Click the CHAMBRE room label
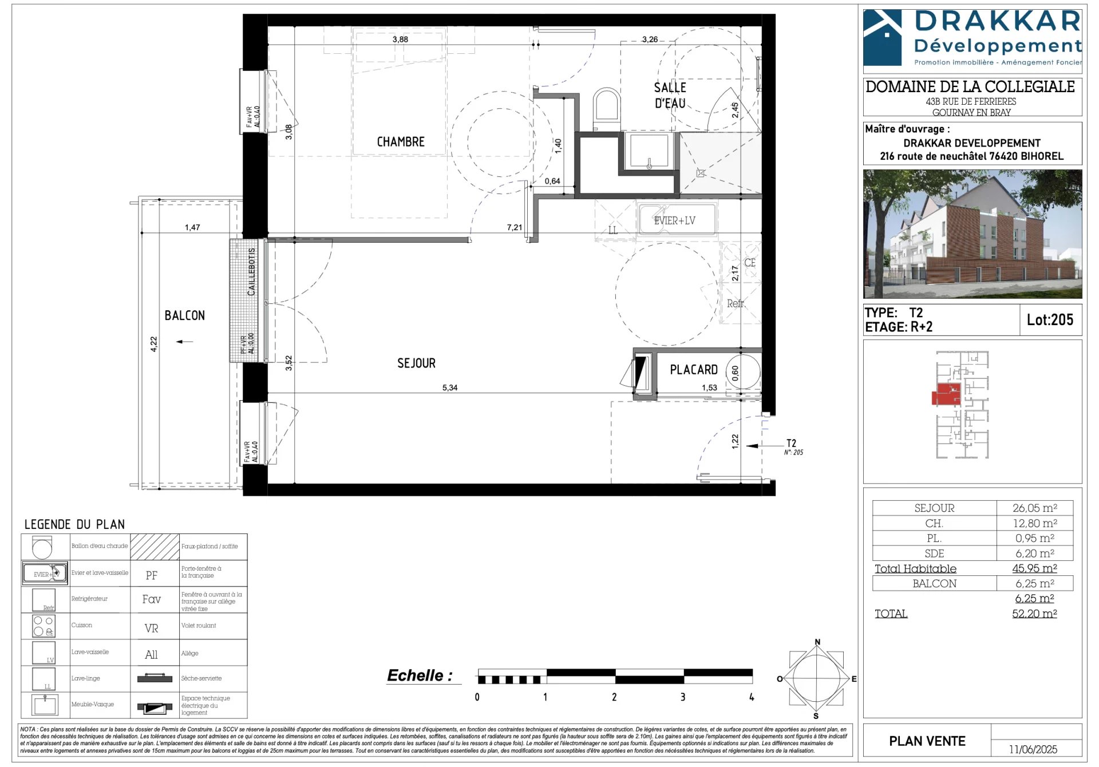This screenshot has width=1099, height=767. tap(401, 142)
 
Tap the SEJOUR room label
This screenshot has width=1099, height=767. tap(416, 363)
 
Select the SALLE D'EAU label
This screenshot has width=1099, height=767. tap(670, 95)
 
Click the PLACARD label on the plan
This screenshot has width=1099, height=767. tap(693, 370)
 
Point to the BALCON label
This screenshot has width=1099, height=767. tap(184, 315)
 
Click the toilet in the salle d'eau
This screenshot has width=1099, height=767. tap(606, 109)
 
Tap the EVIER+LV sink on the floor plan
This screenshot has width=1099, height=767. tap(676, 220)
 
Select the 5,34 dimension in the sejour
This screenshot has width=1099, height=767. tap(449, 388)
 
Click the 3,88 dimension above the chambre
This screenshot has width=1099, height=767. tap(400, 39)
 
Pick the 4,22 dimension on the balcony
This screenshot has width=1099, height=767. tap(153, 343)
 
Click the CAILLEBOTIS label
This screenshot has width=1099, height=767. tap(251, 272)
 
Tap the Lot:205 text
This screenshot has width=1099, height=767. tap(1050, 320)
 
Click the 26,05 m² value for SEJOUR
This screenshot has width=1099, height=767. tap(1034, 508)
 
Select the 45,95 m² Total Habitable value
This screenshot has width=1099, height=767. tap(1034, 568)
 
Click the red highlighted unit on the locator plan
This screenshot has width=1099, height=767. tap(945, 396)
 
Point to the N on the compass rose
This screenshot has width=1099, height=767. tap(817, 642)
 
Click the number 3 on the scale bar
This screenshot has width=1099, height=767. tap(682, 697)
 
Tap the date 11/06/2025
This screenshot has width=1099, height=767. tap(1033, 749)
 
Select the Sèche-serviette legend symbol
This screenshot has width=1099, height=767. tap(155, 679)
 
